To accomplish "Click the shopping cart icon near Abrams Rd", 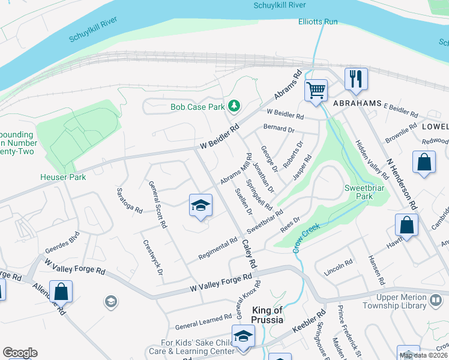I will (316, 91).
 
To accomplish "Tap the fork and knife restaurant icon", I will (356, 79).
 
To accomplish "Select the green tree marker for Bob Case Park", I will (234, 107).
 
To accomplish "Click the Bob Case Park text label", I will (197, 107).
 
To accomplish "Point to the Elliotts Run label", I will (318, 22).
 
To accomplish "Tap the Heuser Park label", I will (63, 177).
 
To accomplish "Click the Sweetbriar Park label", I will (363, 192).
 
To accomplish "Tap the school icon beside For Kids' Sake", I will (243, 336).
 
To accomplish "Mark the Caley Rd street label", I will (250, 254).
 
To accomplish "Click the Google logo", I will (19, 352).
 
